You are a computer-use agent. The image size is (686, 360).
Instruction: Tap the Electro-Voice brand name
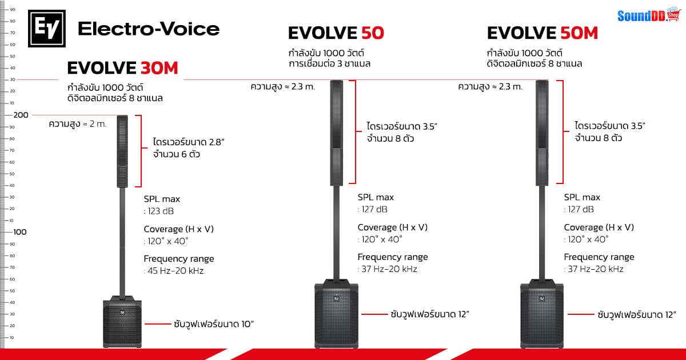click(x=148, y=29)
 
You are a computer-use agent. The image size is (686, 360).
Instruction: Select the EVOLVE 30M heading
click(x=122, y=69)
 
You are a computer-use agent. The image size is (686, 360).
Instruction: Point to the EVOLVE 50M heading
click(x=543, y=33)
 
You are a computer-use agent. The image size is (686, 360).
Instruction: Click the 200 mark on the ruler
click(x=21, y=115)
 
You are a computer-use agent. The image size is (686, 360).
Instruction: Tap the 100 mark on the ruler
click(x=21, y=232)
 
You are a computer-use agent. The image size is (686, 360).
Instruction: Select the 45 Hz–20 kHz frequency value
click(x=175, y=271)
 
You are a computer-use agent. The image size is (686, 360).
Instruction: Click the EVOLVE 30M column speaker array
click(x=122, y=151)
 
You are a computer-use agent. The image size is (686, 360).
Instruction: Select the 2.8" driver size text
click(x=185, y=141)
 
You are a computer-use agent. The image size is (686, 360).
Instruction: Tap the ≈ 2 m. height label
click(x=78, y=124)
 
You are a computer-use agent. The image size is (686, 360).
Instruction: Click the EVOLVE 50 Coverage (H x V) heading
click(x=392, y=227)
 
